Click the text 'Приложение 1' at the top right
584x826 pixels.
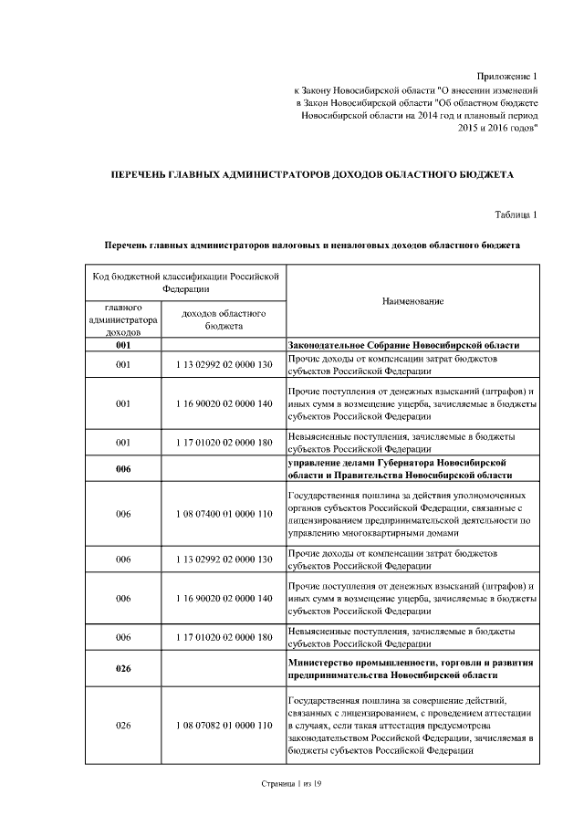click(x=508, y=76)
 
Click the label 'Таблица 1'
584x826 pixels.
click(x=516, y=214)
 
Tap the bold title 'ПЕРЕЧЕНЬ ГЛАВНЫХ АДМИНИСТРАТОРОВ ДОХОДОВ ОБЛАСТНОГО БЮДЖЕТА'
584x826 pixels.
click(x=312, y=173)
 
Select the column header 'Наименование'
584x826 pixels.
click(x=412, y=302)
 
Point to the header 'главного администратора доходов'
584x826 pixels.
click(x=123, y=319)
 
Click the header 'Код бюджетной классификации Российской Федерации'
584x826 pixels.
click(x=185, y=281)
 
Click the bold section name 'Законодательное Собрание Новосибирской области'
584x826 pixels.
click(x=403, y=346)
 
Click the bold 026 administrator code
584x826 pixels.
click(x=123, y=669)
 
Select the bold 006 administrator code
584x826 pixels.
click(x=123, y=470)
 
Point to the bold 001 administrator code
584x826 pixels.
click(x=123, y=346)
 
